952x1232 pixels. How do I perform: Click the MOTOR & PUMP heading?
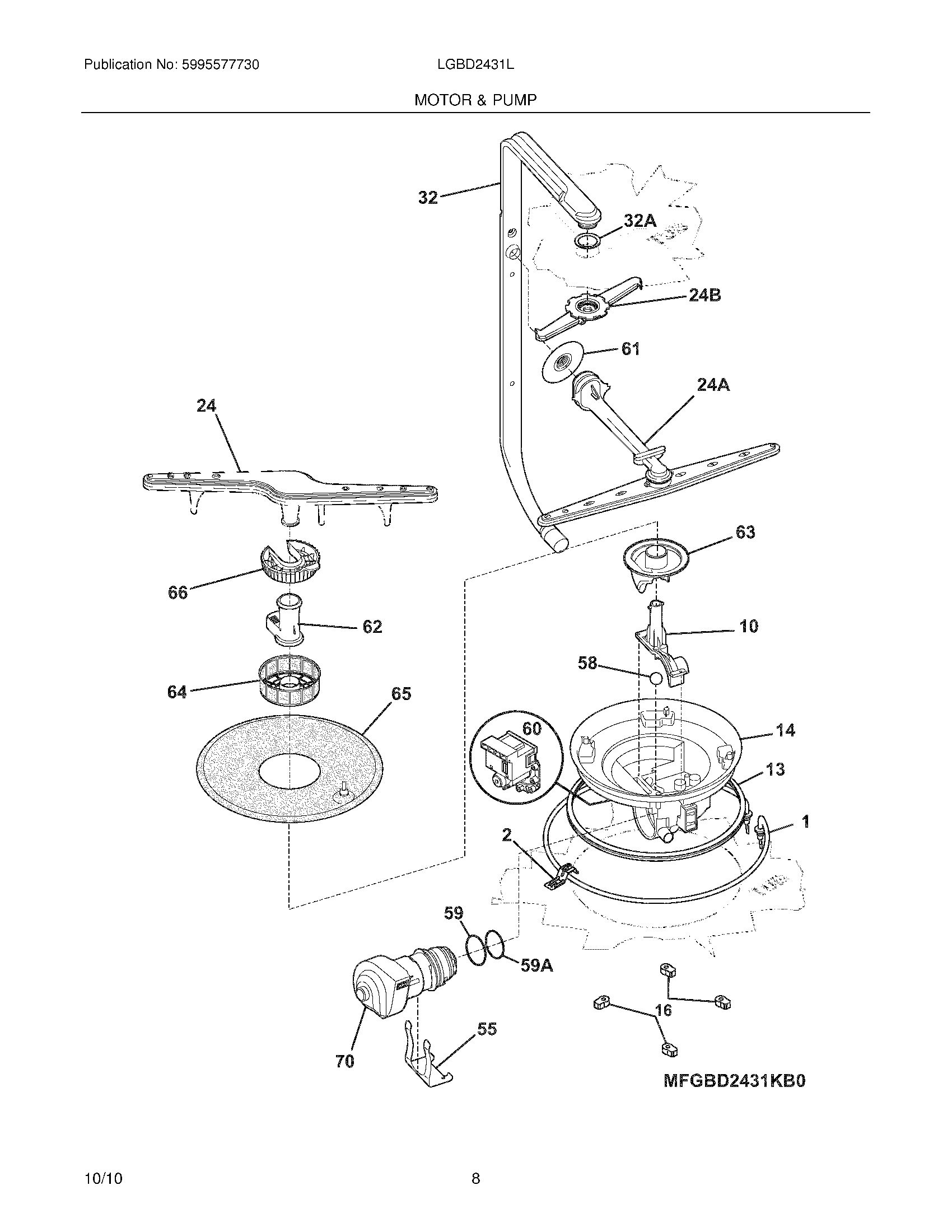[x=475, y=100]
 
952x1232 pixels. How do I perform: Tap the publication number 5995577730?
[x=221, y=65]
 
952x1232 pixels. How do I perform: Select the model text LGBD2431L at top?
[x=475, y=65]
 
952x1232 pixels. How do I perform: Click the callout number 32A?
[x=640, y=221]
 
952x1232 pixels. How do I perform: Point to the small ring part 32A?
[x=587, y=241]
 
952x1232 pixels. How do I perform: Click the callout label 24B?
[x=704, y=295]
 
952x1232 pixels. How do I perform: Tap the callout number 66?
[x=178, y=592]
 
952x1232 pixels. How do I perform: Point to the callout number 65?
[x=401, y=693]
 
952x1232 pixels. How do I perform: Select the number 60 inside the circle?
[x=531, y=729]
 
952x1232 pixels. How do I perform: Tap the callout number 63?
[x=745, y=532]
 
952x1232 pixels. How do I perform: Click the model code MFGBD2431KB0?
[x=734, y=1080]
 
